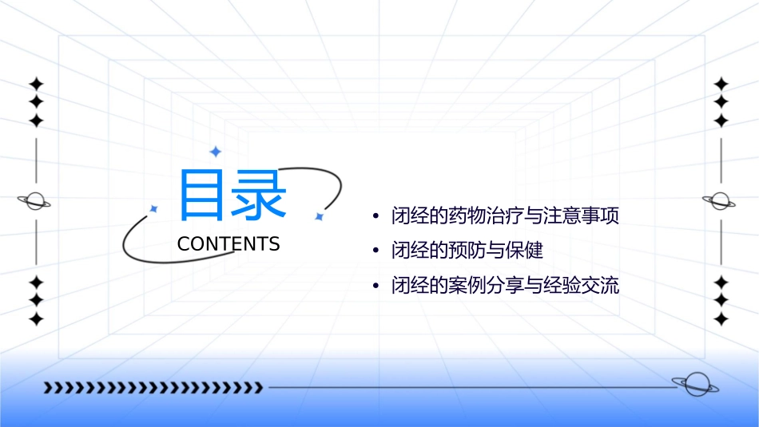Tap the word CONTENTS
[228, 244]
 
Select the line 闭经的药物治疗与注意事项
[506, 215]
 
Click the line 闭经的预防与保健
[467, 251]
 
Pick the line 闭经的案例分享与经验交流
[506, 286]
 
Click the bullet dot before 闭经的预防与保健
[376, 251]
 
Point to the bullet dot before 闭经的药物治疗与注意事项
[376, 216]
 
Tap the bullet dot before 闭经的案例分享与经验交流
[376, 287]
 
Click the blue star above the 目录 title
[215, 152]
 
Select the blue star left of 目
[154, 208]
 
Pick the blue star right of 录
[318, 216]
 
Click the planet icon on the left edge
[35, 201]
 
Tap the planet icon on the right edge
[720, 201]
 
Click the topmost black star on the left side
[36, 84]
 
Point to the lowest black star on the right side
[721, 319]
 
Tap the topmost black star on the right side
[721, 84]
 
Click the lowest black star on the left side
[36, 319]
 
